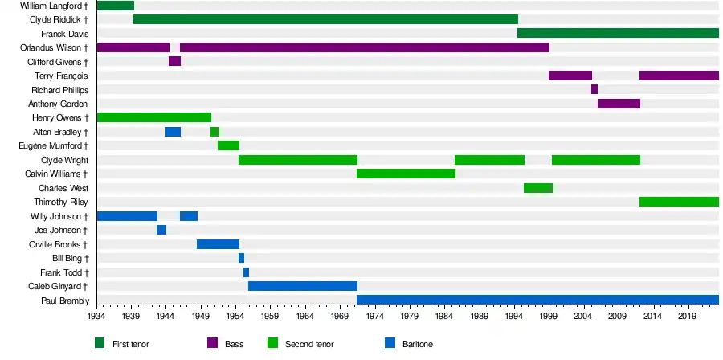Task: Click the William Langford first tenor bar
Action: click(115, 6)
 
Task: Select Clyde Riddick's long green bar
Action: click(325, 19)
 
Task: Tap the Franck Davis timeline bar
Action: click(618, 33)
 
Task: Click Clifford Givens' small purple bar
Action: click(174, 61)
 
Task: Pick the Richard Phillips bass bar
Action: click(594, 89)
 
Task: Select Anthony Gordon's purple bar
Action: click(619, 104)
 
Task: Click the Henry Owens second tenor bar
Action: click(153, 117)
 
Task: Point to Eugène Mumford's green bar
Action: click(228, 145)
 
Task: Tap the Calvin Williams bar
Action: click(406, 174)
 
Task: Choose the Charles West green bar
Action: click(537, 188)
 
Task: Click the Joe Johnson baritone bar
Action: click(161, 230)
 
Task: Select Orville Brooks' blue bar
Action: click(218, 244)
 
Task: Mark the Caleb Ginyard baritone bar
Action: click(303, 286)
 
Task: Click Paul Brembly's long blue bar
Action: click(537, 301)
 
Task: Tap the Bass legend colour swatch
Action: click(213, 343)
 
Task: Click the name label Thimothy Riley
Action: click(61, 202)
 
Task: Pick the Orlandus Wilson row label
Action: click(54, 47)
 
